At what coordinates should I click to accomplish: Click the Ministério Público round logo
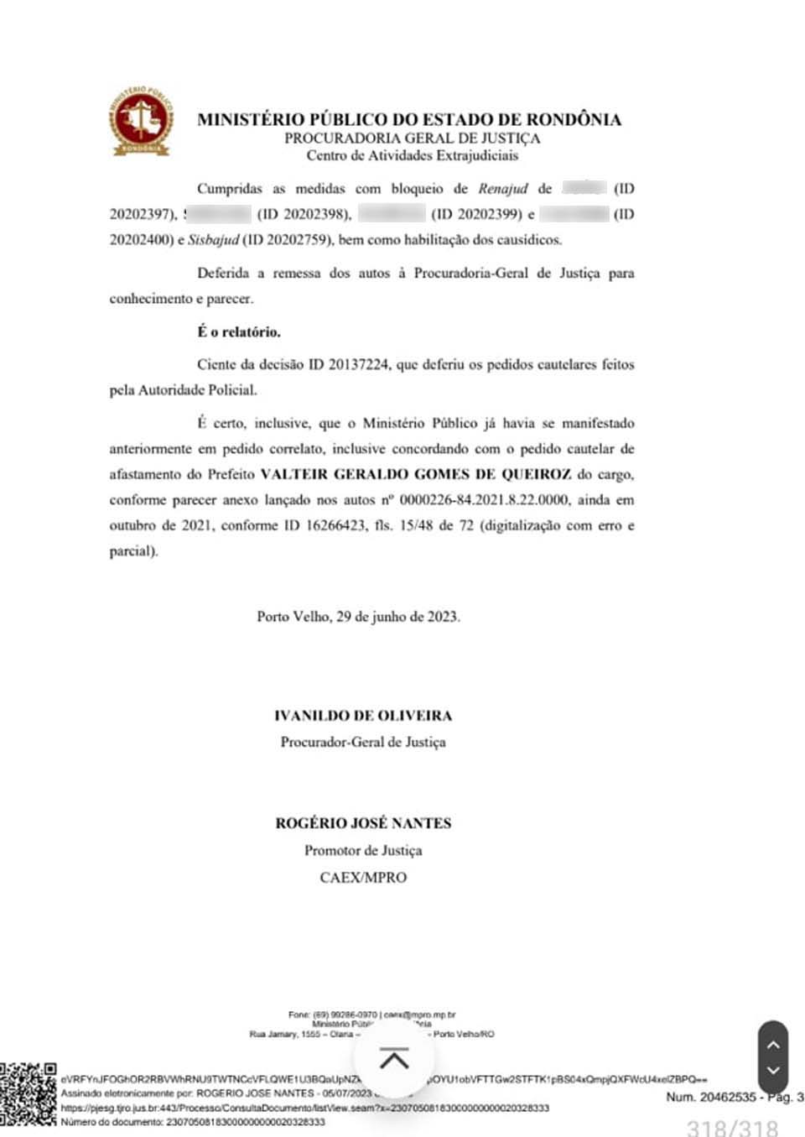(142, 121)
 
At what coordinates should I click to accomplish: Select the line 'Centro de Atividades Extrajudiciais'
(412, 155)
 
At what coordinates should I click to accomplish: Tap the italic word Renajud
(503, 189)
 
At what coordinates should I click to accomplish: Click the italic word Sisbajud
(213, 240)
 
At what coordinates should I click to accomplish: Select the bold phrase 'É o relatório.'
(239, 331)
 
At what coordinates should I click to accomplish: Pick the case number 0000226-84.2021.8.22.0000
(484, 500)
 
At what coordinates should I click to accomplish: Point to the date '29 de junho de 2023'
(397, 617)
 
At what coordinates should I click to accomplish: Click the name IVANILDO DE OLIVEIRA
(363, 716)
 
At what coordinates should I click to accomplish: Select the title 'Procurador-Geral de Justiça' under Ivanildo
(363, 742)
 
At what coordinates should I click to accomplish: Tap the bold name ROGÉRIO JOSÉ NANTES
(363, 823)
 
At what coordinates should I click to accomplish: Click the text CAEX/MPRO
(363, 878)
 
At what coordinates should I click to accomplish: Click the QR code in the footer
(28, 1093)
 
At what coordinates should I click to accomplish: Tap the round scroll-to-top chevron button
(394, 1060)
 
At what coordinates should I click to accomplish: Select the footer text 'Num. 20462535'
(709, 1097)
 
